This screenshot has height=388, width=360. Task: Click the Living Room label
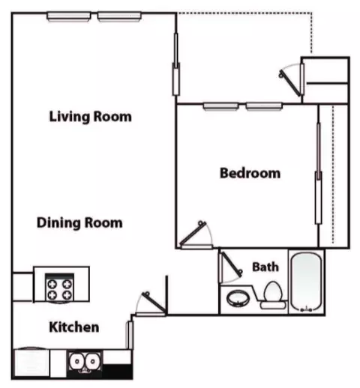pos(90,117)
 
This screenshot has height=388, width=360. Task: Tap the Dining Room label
pos(79,222)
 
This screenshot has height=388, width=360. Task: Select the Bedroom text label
pos(250,173)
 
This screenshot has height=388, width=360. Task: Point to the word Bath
pos(265,267)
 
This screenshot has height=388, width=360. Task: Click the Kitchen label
pos(74,327)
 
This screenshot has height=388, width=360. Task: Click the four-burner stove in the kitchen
pos(60,288)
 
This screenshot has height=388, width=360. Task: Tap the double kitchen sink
pos(85,362)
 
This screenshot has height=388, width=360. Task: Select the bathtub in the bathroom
pos(306,282)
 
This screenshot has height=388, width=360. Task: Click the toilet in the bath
pos(273,295)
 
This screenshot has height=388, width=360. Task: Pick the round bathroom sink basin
pos(238,298)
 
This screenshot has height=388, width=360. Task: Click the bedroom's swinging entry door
pos(193,234)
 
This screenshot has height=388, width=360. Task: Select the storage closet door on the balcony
pos(290,82)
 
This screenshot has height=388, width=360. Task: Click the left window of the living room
pos(69,16)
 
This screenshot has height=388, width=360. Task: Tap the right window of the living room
pos(119,16)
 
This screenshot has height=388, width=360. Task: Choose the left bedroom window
pos(220,106)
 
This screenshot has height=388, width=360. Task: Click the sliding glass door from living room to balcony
pos(176,64)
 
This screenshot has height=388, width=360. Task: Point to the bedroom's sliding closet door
pos(318,173)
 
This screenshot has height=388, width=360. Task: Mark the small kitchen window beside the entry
pos(130,335)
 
